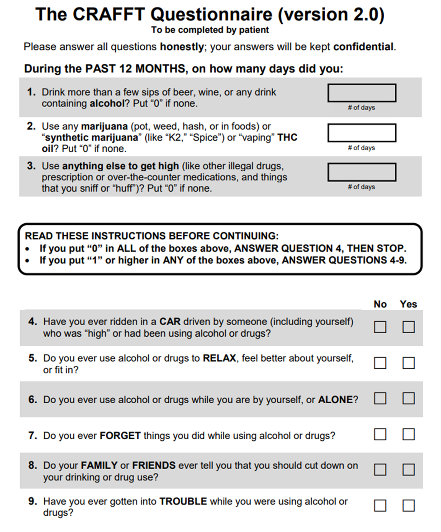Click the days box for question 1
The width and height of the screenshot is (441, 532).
361,93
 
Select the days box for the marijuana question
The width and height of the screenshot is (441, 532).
361,133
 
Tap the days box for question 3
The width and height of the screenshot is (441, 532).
361,172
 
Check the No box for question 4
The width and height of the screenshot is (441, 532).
380,327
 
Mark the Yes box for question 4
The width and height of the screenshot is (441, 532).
408,327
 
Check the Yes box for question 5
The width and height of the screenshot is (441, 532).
408,363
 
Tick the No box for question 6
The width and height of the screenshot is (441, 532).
380,398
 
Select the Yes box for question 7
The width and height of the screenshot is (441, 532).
408,434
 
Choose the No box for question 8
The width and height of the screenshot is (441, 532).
380,470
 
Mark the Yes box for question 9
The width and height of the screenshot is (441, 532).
408,505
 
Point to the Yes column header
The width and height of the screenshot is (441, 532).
408,304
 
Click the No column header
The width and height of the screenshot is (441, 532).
380,304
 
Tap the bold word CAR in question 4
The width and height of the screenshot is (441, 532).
170,322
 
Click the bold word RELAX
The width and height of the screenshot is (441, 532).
219,358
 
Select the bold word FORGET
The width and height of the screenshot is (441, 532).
120,436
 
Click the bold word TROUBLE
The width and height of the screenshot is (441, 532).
183,501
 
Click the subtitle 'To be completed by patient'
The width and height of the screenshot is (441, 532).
210,30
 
